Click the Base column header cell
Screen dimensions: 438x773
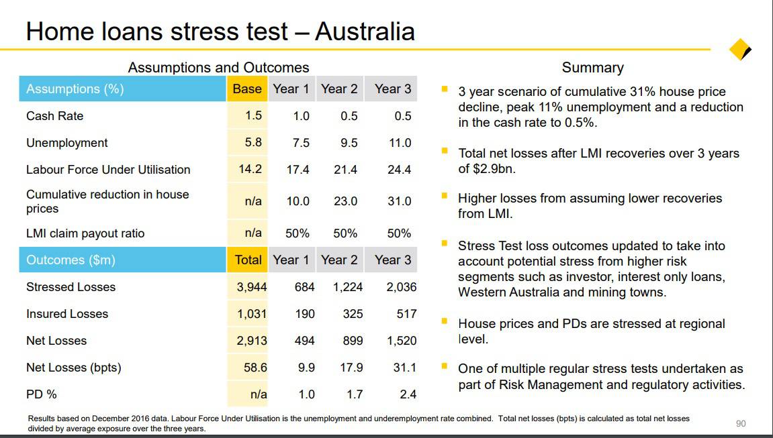[247, 89]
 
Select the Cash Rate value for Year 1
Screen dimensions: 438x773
[301, 116]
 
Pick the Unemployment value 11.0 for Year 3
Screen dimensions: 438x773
[400, 143]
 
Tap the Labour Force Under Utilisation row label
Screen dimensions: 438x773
[108, 170]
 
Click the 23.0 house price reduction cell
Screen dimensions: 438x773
[345, 201]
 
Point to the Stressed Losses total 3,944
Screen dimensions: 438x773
[252, 287]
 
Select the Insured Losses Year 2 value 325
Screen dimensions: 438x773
[353, 314]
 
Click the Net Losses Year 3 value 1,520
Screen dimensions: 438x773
[402, 341]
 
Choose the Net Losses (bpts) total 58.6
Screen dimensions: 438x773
[255, 368]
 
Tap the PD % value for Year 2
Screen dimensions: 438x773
[355, 394]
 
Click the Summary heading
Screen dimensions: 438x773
[592, 68]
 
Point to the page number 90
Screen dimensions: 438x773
[741, 423]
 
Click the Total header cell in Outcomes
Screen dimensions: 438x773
[248, 260]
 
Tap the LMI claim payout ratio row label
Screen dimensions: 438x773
[85, 233]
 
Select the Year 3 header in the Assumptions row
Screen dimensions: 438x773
[393, 89]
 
